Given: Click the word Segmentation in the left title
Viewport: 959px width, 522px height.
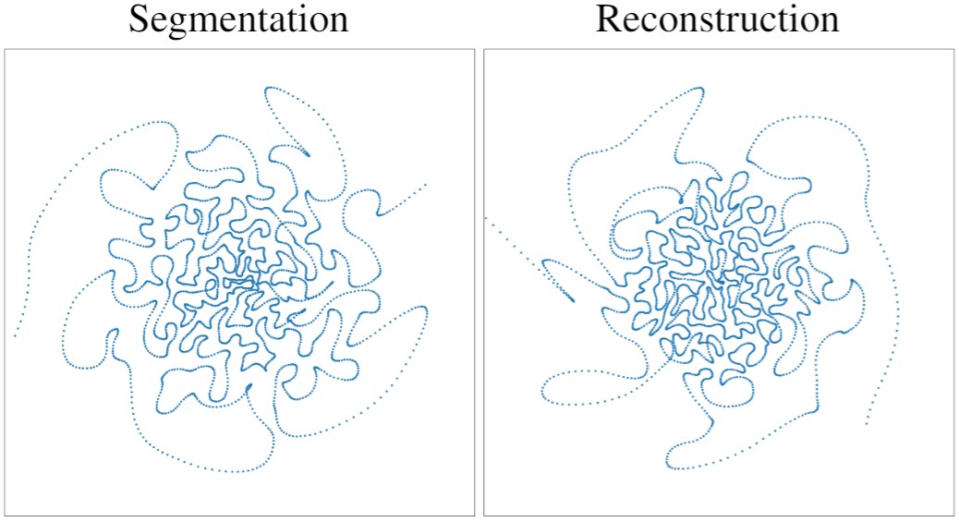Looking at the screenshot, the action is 238,19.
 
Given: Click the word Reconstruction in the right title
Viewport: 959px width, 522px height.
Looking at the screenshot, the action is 717,19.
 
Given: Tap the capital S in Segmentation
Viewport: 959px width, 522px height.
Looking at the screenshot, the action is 139,19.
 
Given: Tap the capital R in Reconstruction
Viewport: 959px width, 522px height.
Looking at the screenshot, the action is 609,19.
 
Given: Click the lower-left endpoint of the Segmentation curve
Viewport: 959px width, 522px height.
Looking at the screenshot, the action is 15,335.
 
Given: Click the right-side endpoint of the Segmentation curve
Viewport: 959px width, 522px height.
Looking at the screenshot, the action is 426,185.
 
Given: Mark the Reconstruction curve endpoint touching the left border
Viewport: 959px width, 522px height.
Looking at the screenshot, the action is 486,217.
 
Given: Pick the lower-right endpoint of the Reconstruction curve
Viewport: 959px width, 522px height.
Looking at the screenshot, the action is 866,425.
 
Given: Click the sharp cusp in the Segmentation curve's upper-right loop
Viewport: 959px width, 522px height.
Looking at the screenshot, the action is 309,154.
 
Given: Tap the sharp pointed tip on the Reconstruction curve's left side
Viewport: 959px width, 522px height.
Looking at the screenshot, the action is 572,300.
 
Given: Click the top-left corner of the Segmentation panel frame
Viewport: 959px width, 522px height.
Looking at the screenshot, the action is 6,49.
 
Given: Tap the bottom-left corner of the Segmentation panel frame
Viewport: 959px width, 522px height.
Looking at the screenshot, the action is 6,515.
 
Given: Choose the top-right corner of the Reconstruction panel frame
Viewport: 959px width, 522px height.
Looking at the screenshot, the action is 953,49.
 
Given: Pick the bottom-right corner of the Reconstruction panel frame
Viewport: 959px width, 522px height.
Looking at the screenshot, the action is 953,515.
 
